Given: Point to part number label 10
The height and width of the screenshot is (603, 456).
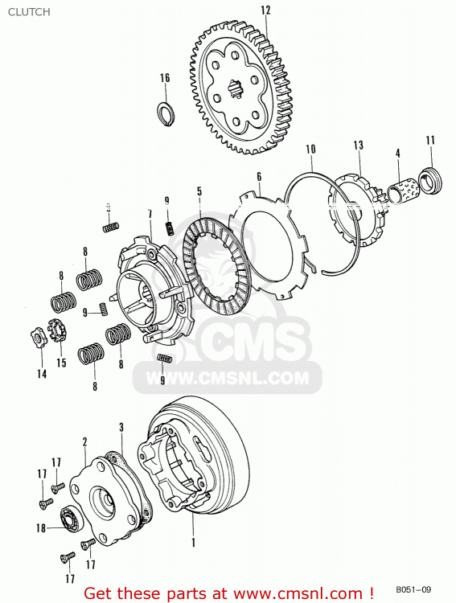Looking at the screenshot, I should (x=310, y=149).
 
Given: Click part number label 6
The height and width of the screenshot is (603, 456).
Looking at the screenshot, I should (x=259, y=176).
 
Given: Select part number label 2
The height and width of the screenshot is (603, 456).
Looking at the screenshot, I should (x=84, y=441).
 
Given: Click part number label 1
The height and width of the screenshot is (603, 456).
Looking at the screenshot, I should (x=193, y=543).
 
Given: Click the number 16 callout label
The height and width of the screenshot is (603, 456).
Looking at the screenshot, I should (x=165, y=78).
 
